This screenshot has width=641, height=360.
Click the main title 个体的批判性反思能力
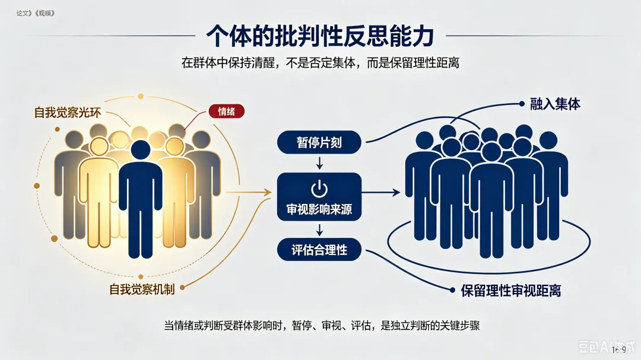point(320,36)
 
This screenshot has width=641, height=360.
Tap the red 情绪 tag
point(227,111)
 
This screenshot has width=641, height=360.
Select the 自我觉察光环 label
point(67,112)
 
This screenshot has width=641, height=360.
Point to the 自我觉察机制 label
point(142,289)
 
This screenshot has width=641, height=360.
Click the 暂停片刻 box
point(319,142)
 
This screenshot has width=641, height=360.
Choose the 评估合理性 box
point(319,250)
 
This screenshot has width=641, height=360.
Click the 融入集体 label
point(555,104)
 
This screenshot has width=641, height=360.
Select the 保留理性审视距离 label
point(510,291)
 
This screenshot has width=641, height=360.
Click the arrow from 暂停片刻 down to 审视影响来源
point(319,164)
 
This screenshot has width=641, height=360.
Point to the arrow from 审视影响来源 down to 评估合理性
point(319,230)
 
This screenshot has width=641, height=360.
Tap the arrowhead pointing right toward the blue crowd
point(396,192)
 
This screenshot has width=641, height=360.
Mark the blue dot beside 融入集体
point(522,104)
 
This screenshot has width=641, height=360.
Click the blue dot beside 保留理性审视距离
point(452,290)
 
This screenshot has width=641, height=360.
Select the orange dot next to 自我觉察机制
point(182,288)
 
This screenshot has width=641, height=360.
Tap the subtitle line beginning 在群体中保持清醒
point(320,62)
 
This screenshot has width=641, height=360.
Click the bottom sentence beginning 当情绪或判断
point(322,326)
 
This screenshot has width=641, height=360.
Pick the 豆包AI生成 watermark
point(607,346)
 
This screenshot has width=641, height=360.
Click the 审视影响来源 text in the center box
point(319,209)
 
